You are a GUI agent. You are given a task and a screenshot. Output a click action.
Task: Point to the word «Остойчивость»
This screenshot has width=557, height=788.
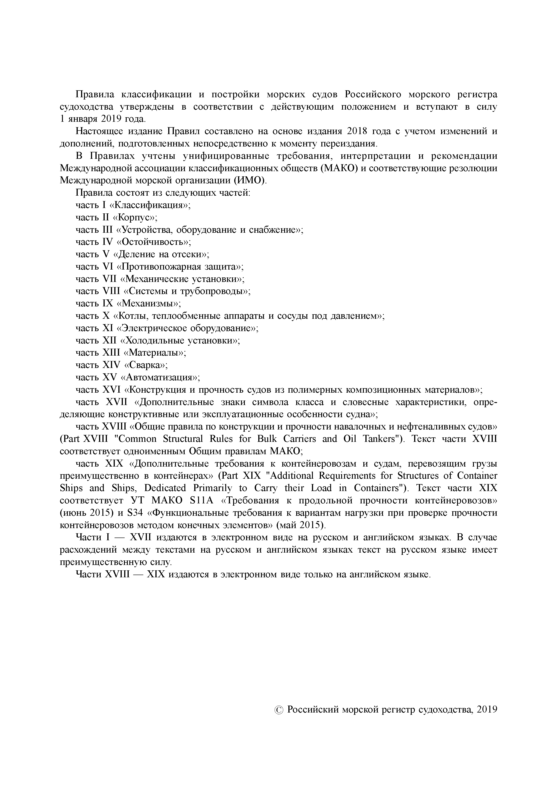[154, 242]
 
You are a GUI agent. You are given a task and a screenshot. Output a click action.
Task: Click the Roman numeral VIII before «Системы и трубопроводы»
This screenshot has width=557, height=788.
[112, 291]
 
